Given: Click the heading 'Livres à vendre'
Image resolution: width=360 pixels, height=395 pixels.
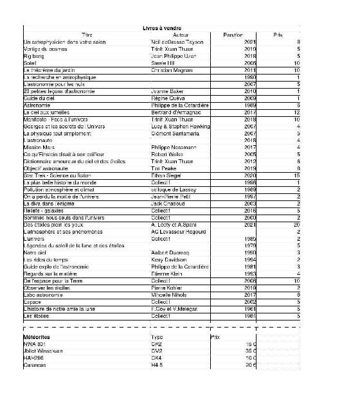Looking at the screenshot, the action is click(x=161, y=28).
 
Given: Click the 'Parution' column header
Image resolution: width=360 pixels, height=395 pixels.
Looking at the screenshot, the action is click(x=232, y=35).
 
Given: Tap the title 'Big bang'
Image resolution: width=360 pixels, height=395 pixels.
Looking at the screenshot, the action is click(x=33, y=56).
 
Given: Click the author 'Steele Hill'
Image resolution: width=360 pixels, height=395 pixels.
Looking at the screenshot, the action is click(x=165, y=63).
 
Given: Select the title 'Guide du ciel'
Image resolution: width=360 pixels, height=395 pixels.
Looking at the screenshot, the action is click(x=38, y=98).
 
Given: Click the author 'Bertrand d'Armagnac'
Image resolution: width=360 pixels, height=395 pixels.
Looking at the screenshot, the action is click(x=175, y=112).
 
